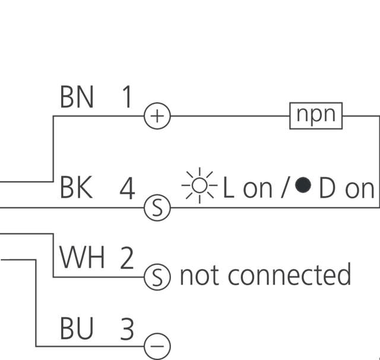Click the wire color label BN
click(x=77, y=96)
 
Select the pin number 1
click(x=126, y=96)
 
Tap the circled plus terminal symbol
click(x=157, y=116)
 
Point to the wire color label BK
click(x=77, y=188)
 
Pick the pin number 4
click(x=127, y=189)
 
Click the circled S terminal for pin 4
click(x=157, y=208)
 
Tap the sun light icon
click(x=200, y=187)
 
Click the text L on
click(x=247, y=189)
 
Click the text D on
click(x=347, y=189)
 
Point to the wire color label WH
click(x=82, y=258)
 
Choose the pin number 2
click(x=127, y=258)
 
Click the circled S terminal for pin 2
click(x=157, y=277)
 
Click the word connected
click(x=289, y=275)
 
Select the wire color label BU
click(x=77, y=329)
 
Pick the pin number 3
click(x=127, y=329)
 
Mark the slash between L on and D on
click(x=284, y=189)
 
